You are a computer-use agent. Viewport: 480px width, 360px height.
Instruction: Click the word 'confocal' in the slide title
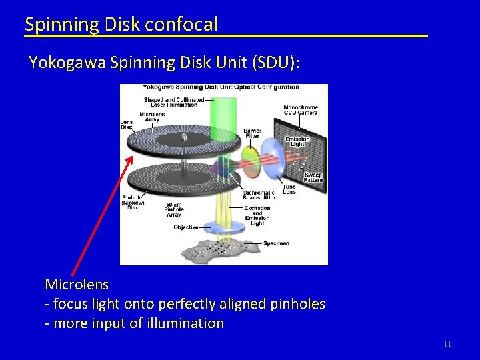(x=181, y=25)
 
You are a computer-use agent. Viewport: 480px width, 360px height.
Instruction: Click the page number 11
(x=447, y=344)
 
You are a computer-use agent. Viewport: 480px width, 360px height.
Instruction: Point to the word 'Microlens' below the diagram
(x=77, y=284)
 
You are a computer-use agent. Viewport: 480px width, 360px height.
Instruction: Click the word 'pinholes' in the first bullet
(x=298, y=304)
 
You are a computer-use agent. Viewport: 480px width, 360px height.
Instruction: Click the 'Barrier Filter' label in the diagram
(x=253, y=133)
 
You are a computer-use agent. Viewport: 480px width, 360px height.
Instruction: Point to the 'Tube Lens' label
(x=289, y=189)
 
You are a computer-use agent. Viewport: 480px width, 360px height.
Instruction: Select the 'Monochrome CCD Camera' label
(x=301, y=110)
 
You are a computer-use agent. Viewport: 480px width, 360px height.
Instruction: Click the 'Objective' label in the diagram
(x=186, y=227)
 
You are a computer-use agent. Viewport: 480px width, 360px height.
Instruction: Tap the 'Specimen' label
(x=275, y=244)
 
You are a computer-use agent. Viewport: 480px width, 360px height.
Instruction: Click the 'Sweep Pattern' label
(x=313, y=178)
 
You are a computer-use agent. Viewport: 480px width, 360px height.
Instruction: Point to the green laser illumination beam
(x=223, y=113)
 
